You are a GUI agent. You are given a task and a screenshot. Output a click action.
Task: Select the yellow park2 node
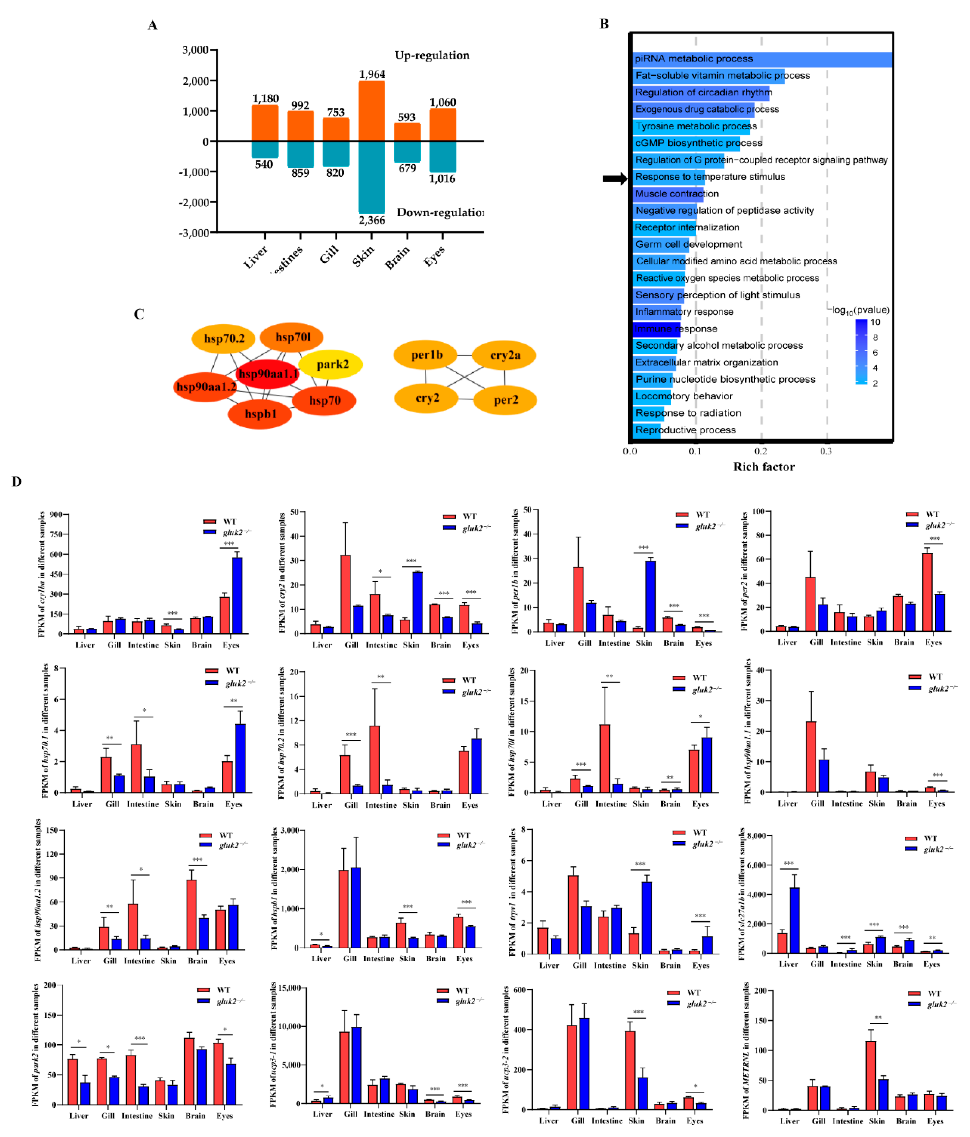point(332,364)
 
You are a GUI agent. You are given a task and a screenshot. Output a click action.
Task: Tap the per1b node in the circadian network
point(426,355)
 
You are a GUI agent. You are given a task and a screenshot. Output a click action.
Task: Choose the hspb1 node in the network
point(260,414)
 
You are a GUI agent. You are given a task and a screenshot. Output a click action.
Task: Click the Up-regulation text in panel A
point(432,55)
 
